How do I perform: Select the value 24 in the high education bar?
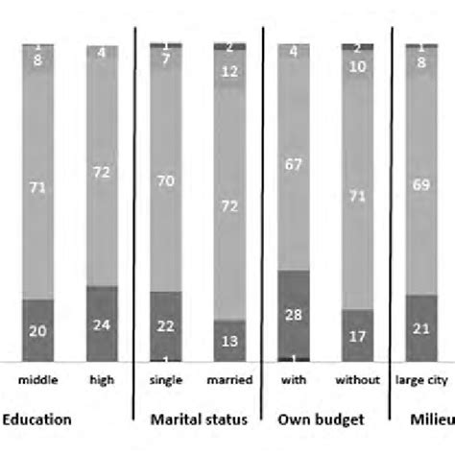(102, 323)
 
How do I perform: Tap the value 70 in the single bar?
(166, 179)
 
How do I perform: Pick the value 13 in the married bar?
(229, 340)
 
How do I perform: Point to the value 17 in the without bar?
(357, 336)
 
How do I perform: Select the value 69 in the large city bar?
(419, 181)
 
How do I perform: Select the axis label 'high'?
(102, 379)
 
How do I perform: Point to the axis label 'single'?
(166, 379)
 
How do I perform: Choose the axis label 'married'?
(229, 379)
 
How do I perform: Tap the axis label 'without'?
(357, 379)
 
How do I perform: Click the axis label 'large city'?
(421, 379)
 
